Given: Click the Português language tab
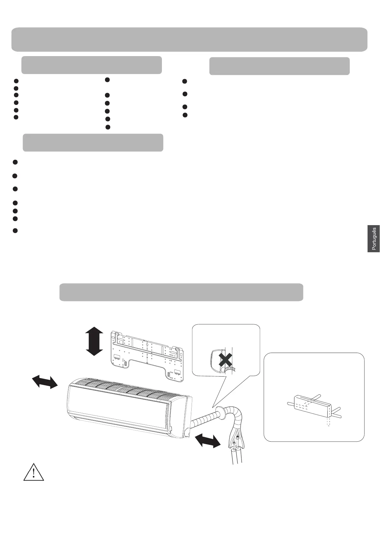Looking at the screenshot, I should [374, 239].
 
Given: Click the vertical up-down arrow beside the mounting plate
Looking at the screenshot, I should [94, 341].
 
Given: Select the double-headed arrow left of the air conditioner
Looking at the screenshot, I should [45, 382].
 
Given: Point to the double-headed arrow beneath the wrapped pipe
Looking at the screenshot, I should [208, 440].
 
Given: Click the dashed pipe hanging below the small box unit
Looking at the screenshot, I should [328, 422].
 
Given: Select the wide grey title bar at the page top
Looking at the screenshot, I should [189, 40].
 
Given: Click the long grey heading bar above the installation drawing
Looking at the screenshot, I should [181, 292].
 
